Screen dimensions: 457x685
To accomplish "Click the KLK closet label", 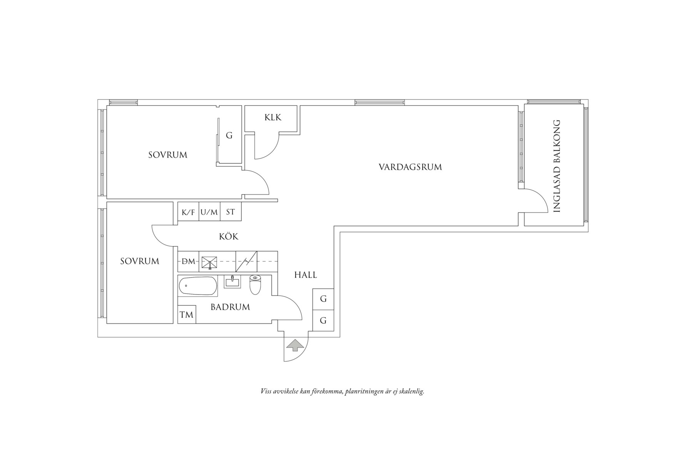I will point(273,117).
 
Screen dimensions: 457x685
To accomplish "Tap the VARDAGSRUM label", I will point(410,167).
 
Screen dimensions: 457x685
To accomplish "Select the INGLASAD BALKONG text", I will point(556,166).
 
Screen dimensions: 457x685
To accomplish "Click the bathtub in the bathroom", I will point(197,286).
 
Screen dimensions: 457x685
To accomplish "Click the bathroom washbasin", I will point(232,282).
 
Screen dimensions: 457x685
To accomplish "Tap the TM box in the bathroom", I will point(187,315).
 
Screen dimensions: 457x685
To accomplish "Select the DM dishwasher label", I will point(188,261).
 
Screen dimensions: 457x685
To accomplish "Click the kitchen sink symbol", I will point(209,262).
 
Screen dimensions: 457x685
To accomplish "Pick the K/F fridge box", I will point(188,212).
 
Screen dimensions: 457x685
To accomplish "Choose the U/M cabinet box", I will point(209,212).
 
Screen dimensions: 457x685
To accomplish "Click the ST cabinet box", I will point(231,212).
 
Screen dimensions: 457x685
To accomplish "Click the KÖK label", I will point(229,236).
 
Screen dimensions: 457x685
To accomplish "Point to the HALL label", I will point(306,275).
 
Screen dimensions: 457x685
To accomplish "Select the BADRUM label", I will point(230,307).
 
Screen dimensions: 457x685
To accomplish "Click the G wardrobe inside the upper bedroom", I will point(229,136).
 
